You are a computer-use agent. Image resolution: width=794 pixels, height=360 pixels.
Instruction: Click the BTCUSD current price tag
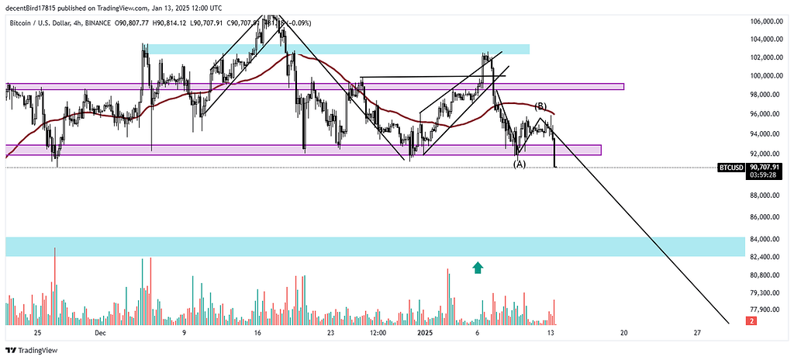[731, 167]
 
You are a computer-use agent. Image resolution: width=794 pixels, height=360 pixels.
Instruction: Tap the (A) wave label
[520, 164]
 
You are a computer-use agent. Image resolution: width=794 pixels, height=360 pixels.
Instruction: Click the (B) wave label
[541, 106]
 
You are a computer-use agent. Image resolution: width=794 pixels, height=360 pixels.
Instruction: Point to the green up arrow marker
[478, 268]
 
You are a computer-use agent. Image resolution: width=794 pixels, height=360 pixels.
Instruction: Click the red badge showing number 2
[751, 320]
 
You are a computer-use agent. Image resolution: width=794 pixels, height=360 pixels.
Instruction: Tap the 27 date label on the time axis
[697, 332]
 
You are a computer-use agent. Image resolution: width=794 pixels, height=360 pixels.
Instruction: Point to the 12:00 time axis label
[378, 332]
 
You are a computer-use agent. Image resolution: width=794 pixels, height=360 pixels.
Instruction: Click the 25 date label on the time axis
[36, 332]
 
